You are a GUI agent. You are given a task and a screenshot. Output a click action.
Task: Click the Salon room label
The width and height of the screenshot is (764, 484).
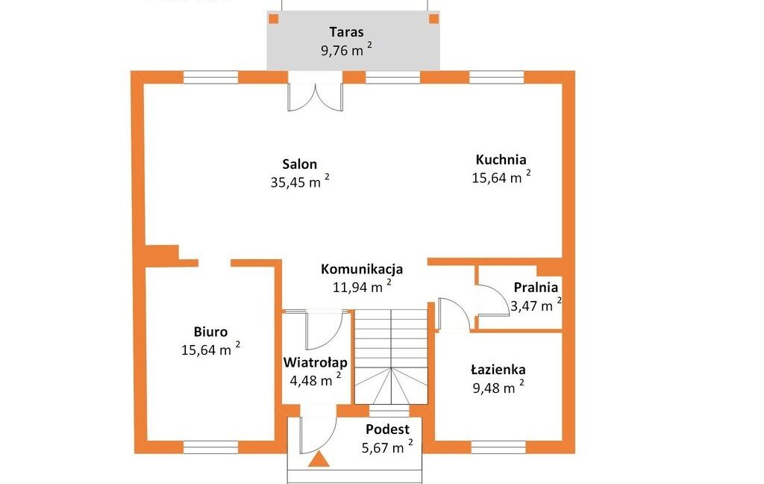tap(300, 164)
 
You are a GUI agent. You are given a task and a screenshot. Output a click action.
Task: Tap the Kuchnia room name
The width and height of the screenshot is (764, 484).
tap(501, 160)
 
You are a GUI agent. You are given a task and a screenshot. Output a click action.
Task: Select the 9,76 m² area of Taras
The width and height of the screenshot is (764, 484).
tap(347, 49)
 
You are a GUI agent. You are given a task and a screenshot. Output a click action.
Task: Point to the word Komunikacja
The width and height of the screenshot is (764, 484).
tap(362, 270)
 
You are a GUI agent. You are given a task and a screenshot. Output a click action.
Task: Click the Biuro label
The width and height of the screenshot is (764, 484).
tap(210, 332)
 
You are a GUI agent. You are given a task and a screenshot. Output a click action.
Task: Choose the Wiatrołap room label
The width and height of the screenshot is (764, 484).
tap(316, 362)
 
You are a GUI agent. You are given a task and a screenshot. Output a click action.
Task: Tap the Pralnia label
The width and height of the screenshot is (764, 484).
tap(536, 288)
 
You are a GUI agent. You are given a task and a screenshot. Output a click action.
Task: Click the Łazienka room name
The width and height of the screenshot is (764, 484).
tap(498, 369)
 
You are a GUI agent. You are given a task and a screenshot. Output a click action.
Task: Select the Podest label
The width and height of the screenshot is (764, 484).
tap(387, 429)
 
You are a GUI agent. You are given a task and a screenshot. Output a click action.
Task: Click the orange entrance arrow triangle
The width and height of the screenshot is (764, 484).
tap(319, 460)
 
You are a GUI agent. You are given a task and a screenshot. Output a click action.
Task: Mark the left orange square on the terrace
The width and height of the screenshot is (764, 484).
tap(274, 19)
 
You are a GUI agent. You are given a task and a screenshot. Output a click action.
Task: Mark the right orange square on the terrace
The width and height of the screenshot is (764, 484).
tap(433, 19)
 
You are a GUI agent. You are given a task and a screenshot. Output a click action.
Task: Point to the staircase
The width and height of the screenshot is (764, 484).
tap(391, 357)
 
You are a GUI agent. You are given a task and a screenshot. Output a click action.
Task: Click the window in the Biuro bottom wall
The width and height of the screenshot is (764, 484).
tap(210, 447)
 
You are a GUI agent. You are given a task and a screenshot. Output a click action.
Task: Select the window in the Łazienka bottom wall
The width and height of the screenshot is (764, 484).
tap(498, 447)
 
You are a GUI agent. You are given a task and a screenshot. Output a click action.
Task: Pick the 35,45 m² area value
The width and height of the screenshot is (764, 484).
tap(300, 181)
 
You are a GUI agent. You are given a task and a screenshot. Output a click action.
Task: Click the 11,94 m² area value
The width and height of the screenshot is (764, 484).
tap(363, 286)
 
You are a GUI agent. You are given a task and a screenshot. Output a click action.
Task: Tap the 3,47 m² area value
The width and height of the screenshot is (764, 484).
tap(536, 305)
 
